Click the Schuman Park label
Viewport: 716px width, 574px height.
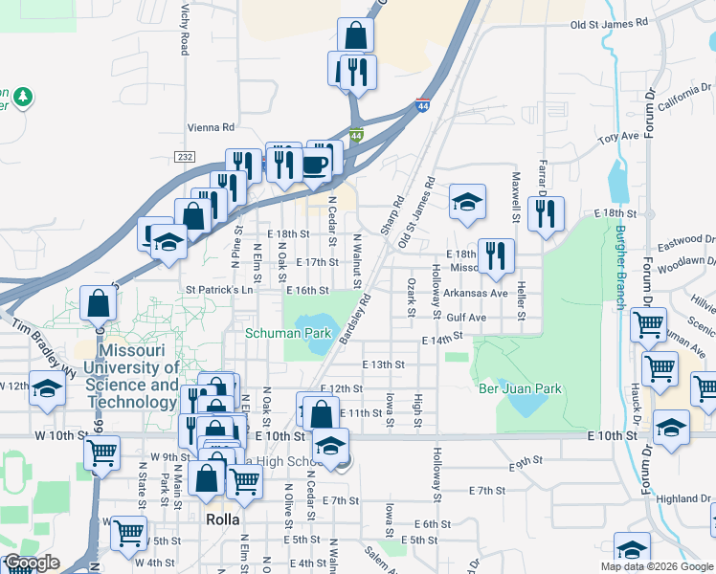pyautogui.click(x=288, y=334)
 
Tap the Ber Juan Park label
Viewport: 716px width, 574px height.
pyautogui.click(x=520, y=388)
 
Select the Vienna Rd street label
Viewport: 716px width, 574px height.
pyautogui.click(x=213, y=126)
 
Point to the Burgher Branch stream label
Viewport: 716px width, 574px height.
pyautogui.click(x=620, y=268)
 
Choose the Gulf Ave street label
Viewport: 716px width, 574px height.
pyautogui.click(x=467, y=317)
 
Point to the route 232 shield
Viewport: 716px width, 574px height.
pyautogui.click(x=186, y=156)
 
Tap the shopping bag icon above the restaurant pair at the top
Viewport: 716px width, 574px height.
pyautogui.click(x=355, y=36)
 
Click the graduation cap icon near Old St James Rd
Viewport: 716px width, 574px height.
pyautogui.click(x=467, y=202)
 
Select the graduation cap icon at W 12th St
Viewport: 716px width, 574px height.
pyautogui.click(x=47, y=389)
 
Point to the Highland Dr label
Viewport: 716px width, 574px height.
pyautogui.click(x=683, y=498)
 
